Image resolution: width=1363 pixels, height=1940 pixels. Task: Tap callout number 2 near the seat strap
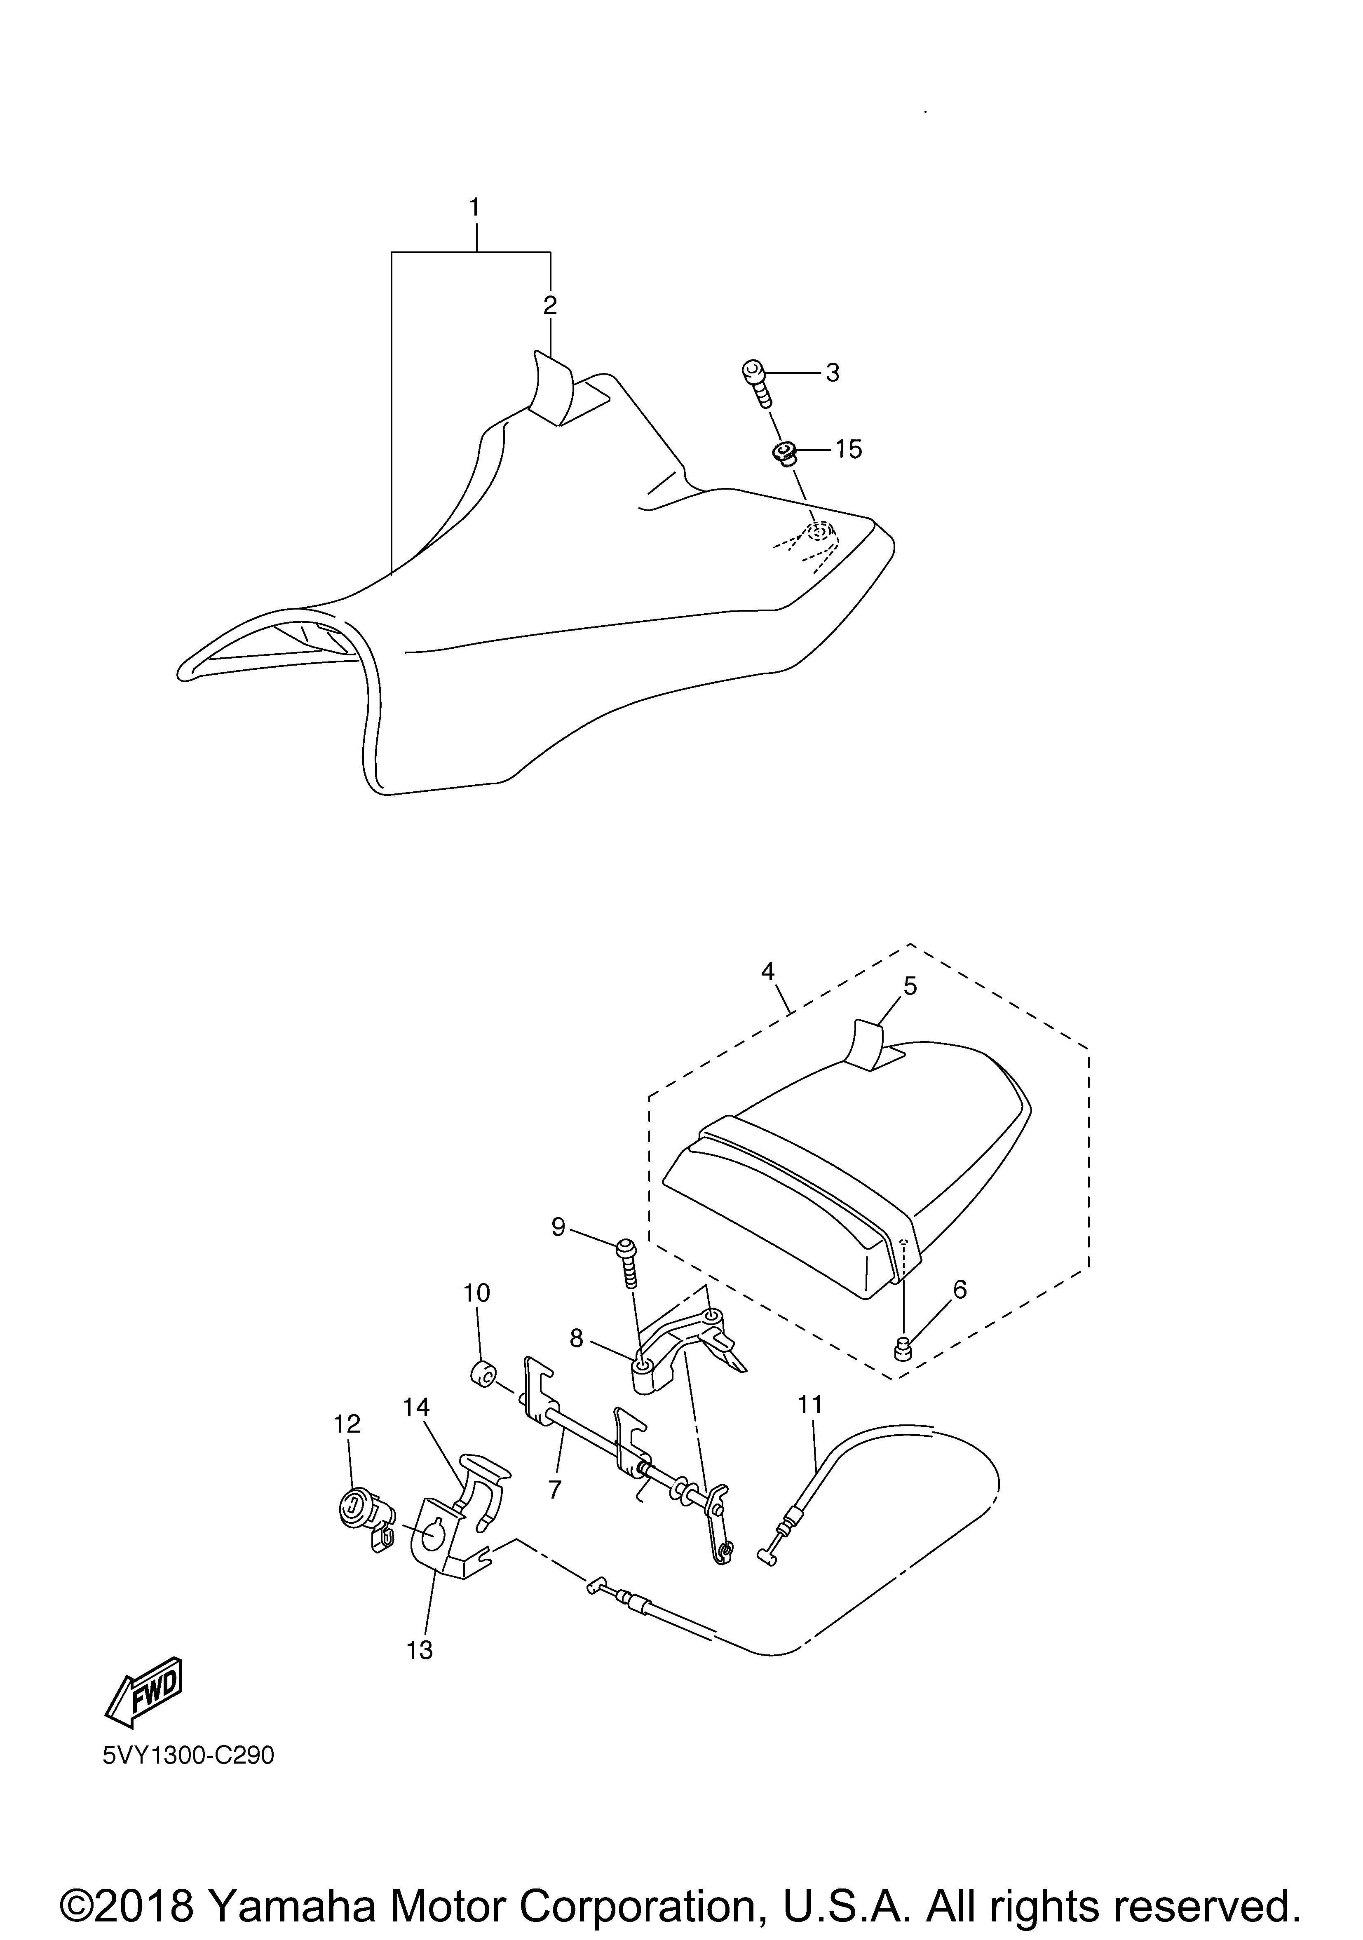click(550, 305)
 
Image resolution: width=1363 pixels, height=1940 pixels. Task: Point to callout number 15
click(848, 450)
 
